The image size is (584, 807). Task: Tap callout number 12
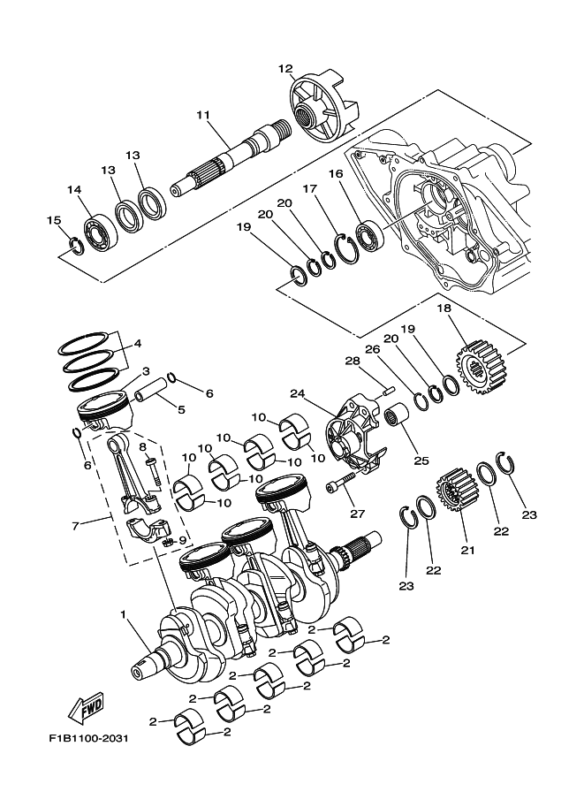(x=285, y=68)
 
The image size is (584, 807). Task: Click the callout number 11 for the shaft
(x=203, y=115)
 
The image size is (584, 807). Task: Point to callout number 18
(x=444, y=308)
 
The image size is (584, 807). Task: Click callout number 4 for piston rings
(x=137, y=344)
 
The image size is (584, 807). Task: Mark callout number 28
(x=352, y=361)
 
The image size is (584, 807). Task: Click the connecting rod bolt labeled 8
(x=151, y=467)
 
